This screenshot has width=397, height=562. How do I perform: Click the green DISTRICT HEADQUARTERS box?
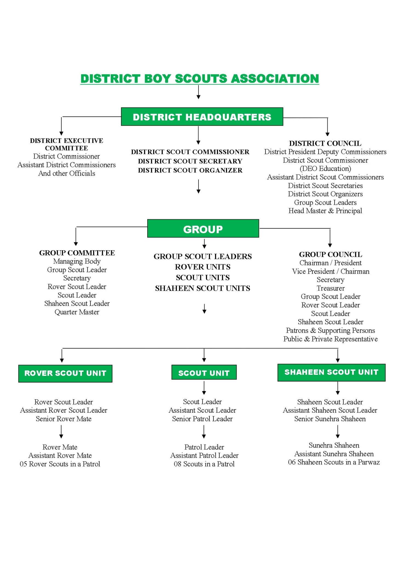202,117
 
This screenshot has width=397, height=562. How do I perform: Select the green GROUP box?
203,229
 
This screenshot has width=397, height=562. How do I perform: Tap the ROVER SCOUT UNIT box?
65,373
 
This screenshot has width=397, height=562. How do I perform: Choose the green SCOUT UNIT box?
204,373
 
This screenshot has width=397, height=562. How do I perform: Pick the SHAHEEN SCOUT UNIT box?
331,372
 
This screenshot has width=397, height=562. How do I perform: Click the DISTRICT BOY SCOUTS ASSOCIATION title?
200,79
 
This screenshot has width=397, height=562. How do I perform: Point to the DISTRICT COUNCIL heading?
325,143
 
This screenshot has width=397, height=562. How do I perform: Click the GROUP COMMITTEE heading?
77,253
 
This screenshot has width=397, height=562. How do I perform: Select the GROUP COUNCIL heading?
330,254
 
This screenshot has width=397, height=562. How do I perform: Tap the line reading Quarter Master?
77,312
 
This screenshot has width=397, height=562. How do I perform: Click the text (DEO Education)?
325,168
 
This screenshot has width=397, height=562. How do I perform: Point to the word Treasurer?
330,288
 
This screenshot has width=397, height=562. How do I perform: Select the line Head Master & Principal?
325,211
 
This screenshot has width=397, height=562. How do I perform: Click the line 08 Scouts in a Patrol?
204,464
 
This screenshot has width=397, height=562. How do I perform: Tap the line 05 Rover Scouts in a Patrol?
60,464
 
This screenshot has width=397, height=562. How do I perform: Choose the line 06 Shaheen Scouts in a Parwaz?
334,462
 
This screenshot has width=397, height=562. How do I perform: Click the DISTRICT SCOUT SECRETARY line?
190,161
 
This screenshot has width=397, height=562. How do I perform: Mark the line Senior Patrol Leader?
202,419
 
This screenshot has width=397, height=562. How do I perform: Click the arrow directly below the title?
198,92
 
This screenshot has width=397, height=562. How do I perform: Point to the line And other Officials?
67,173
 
